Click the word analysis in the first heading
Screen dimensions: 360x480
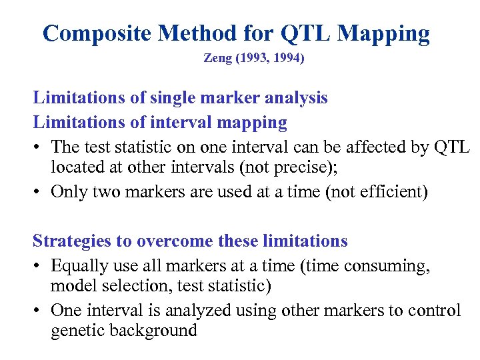[295, 97]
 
